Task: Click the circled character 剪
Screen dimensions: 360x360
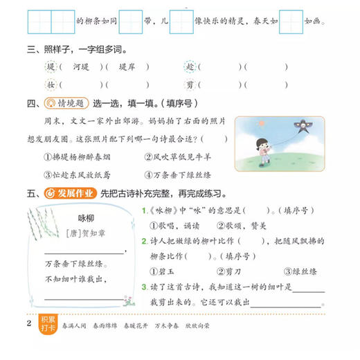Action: (190, 84)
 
